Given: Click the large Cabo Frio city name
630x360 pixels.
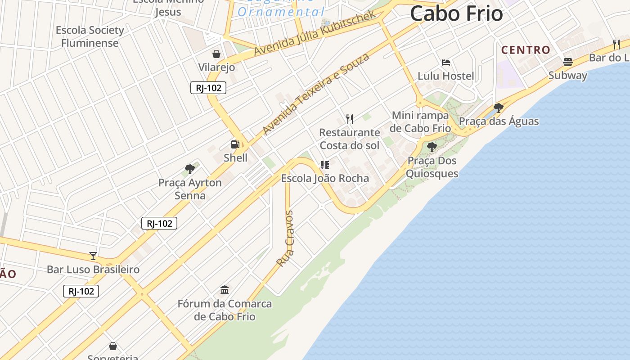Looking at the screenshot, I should click(456, 13).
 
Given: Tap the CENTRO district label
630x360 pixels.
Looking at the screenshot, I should click(526, 50).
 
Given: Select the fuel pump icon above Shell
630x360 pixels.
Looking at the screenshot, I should click(235, 144).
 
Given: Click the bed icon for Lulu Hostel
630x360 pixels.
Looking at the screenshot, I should click(445, 62).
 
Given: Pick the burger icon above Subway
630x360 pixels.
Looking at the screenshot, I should click(567, 62).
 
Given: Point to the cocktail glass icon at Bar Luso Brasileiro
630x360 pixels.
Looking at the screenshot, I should click(93, 256).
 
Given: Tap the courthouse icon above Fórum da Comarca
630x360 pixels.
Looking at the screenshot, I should click(225, 290).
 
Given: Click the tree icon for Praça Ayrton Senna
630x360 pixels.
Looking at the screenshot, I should click(190, 169).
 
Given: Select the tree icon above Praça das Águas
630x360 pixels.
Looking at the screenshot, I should click(498, 108).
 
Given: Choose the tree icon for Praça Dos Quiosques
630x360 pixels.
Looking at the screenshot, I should click(432, 147).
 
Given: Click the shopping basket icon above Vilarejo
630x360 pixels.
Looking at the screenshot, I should click(216, 54).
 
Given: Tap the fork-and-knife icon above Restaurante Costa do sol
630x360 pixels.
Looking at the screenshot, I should click(349, 119).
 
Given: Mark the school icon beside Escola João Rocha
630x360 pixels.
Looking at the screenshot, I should click(324, 165).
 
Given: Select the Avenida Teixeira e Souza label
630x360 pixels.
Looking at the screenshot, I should click(316, 94).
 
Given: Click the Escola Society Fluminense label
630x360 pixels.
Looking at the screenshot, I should click(90, 36).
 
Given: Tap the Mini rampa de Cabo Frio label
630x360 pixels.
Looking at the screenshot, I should click(420, 121).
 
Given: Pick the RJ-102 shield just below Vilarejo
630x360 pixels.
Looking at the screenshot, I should click(208, 88).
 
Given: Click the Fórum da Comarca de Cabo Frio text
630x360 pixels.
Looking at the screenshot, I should click(225, 310).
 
